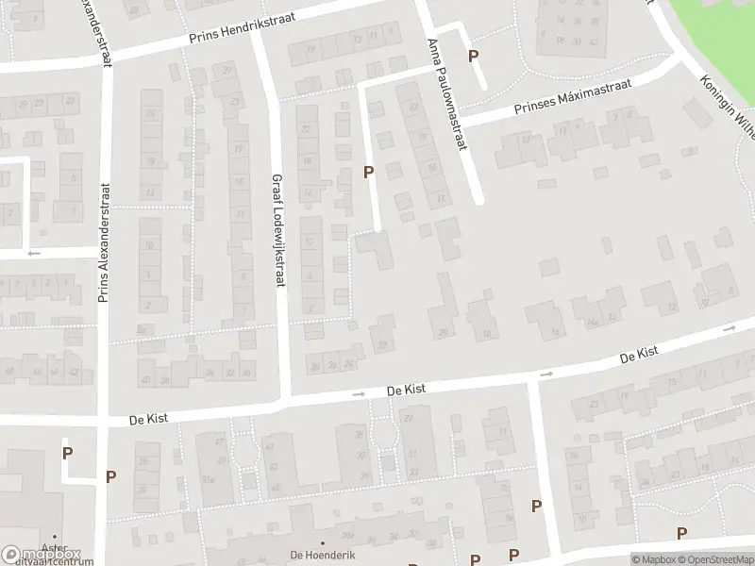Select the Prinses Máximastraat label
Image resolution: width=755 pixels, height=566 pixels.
(571, 97)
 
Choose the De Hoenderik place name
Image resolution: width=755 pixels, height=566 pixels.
(323, 556)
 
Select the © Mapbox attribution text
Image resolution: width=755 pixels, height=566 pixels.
(653, 559)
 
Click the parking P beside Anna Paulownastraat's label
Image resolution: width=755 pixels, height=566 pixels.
(474, 56)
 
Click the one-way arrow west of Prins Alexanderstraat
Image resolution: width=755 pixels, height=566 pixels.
(33, 253)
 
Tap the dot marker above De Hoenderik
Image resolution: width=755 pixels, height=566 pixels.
(323, 543)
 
